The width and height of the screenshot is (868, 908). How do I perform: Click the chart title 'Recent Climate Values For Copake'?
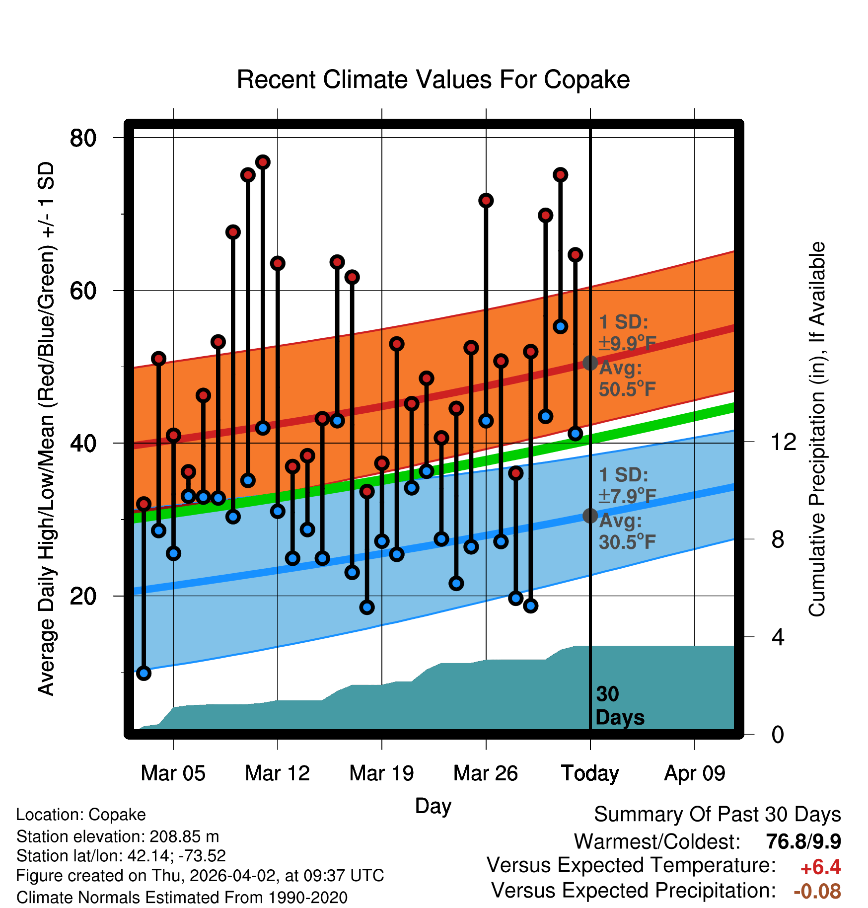tap(433, 79)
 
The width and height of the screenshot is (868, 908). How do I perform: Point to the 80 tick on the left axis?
tap(83, 138)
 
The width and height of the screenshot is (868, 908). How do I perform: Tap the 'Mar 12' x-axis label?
tap(277, 773)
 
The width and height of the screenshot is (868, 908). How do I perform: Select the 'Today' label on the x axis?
tap(590, 773)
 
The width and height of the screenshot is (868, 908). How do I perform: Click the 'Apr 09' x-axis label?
tap(695, 773)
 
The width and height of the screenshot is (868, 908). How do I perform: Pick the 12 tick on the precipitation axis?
tap(783, 442)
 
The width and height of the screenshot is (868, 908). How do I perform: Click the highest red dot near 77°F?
tap(263, 162)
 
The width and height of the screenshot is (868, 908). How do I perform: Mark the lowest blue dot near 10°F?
tap(144, 673)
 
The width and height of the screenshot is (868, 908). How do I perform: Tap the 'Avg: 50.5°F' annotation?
tap(627, 378)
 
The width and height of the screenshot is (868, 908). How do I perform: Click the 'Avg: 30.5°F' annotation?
tap(627, 531)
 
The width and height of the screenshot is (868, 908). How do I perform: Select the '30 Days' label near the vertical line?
tap(619, 706)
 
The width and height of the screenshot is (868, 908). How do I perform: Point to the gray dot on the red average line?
tap(590, 363)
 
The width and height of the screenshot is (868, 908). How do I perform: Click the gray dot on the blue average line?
tap(590, 516)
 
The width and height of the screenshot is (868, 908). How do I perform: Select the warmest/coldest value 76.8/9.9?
tap(803, 841)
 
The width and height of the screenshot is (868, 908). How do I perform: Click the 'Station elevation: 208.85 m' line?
tap(118, 836)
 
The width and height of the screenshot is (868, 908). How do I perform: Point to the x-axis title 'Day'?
tap(433, 806)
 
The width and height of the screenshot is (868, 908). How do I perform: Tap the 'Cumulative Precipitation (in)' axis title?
tap(817, 429)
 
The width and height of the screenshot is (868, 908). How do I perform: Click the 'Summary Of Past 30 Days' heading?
tap(717, 815)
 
